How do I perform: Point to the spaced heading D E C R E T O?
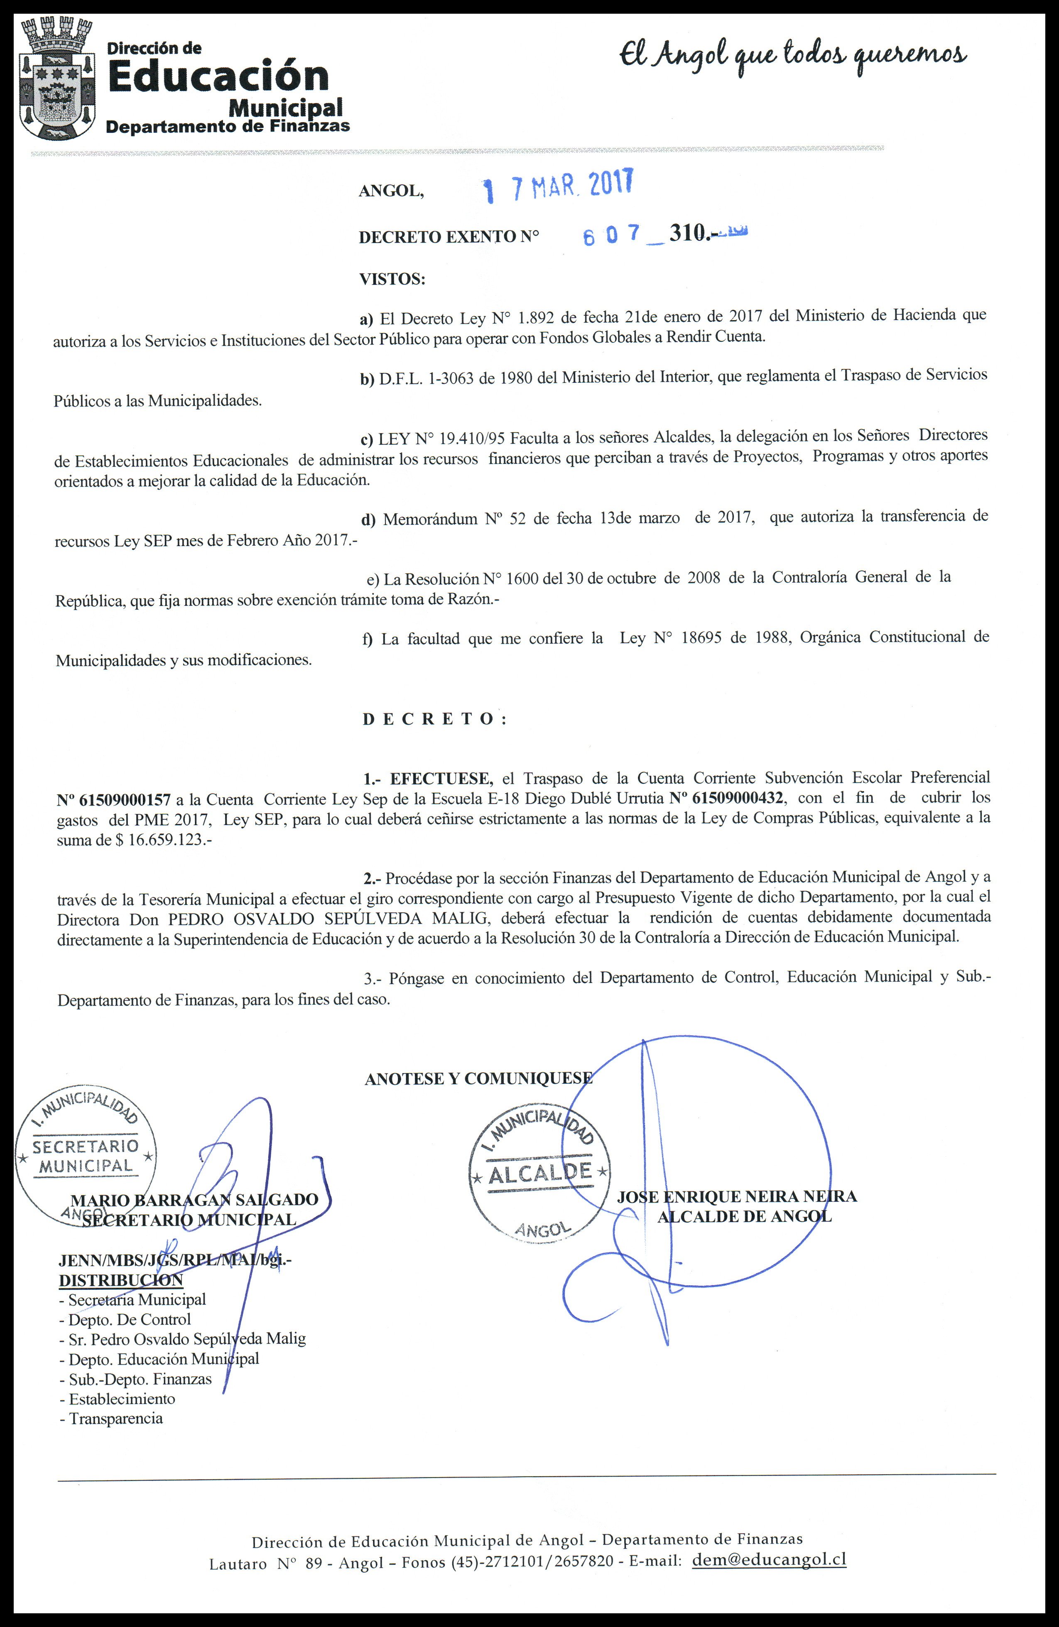coord(434,719)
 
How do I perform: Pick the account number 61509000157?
coord(113,798)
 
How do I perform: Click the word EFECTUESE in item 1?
coord(441,778)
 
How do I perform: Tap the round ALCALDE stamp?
coord(540,1172)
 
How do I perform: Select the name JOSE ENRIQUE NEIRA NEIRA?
coord(736,1196)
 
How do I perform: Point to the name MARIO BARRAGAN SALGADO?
coord(194,1200)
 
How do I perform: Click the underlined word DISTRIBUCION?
coord(121,1280)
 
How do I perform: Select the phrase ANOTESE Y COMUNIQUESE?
coord(478,1079)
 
